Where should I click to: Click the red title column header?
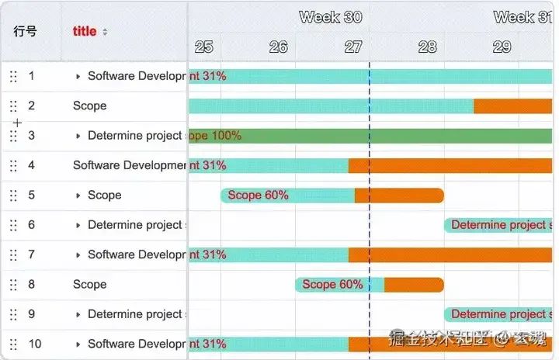click(85, 31)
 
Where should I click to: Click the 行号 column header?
click(25, 31)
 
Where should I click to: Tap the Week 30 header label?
click(330, 17)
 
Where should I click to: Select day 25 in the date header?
click(204, 47)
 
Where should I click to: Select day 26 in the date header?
click(278, 47)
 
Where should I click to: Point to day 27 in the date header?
click(353, 47)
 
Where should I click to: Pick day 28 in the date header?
click(427, 47)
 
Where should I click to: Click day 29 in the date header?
click(502, 47)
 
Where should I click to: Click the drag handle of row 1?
click(13, 76)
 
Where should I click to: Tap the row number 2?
click(31, 106)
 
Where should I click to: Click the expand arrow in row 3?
click(78, 136)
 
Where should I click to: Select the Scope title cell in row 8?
click(90, 284)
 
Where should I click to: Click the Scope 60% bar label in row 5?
click(258, 195)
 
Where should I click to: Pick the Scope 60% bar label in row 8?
click(332, 285)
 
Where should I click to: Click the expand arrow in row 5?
click(78, 196)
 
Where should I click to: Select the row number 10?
click(35, 344)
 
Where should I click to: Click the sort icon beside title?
click(105, 32)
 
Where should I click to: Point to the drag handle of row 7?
click(13, 254)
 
